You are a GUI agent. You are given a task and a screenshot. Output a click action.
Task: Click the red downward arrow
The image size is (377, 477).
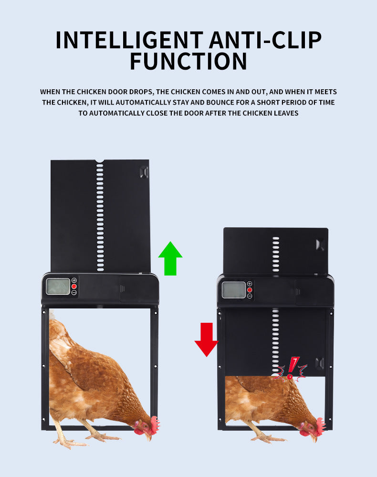(206, 339)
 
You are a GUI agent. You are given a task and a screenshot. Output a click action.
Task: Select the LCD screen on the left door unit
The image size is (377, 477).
(58, 286)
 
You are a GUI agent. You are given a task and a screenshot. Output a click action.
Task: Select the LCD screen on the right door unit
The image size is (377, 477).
(233, 290)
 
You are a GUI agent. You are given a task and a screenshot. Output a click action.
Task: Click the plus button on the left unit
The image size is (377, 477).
(74, 280)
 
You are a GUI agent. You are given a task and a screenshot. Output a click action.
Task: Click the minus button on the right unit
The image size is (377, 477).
(250, 296)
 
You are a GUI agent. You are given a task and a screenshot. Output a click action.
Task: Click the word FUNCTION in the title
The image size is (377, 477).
(188, 62)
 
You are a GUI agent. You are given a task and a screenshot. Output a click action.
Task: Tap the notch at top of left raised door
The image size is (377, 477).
(99, 161)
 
